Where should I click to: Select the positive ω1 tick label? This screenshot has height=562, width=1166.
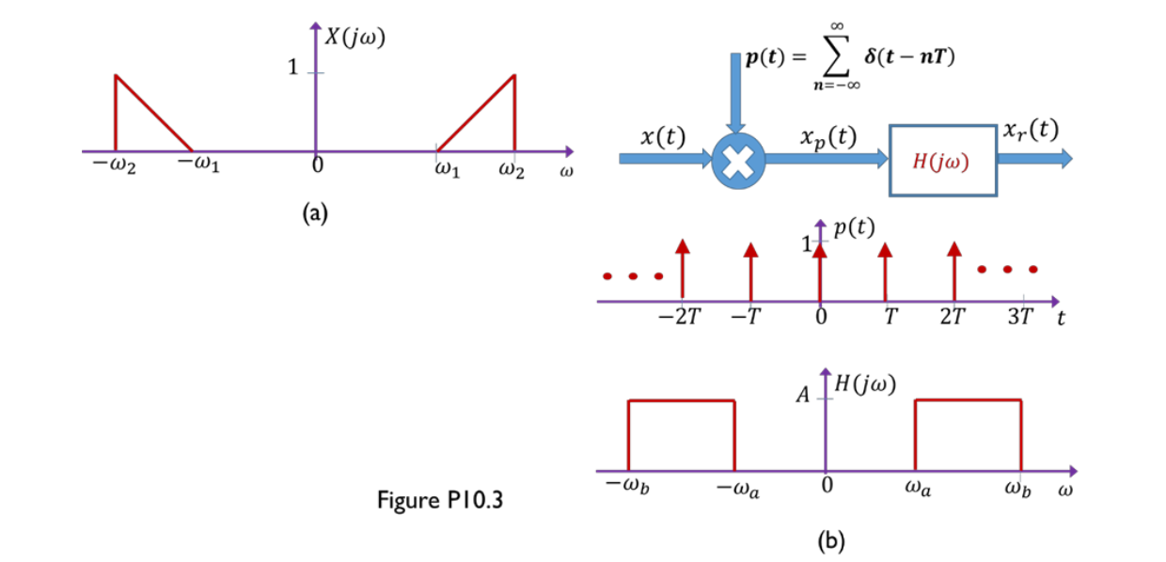click(x=448, y=171)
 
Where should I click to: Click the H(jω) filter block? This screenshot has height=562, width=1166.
click(x=941, y=160)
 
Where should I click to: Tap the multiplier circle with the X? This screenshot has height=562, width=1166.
click(x=738, y=161)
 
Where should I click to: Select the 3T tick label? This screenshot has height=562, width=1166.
click(x=1018, y=317)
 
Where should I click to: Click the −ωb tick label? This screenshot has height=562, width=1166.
click(x=626, y=489)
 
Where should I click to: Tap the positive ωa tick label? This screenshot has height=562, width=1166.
click(x=919, y=489)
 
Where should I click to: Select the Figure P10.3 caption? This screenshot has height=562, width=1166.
click(x=440, y=500)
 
